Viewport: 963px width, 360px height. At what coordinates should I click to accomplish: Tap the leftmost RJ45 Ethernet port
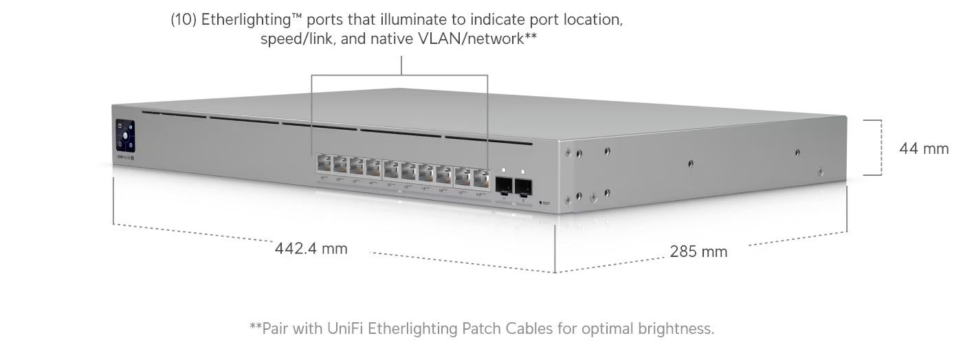323,164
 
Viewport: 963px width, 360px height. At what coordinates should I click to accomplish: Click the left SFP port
504,184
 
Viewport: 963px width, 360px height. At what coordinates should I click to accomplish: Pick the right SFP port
524,186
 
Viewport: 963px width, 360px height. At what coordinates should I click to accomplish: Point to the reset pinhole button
542,203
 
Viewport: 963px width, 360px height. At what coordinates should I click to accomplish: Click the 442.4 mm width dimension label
311,248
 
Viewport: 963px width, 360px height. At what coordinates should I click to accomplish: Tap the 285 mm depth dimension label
698,251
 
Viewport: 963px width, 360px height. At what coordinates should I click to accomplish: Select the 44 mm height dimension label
924,148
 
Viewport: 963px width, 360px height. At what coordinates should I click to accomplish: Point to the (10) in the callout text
184,20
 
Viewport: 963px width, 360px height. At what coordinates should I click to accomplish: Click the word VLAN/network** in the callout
477,38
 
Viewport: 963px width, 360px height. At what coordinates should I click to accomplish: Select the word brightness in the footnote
676,328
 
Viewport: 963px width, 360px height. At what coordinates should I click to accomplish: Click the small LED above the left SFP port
504,170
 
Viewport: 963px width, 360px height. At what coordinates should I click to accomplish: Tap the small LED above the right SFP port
523,171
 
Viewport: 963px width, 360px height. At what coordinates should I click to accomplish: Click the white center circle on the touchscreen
126,135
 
